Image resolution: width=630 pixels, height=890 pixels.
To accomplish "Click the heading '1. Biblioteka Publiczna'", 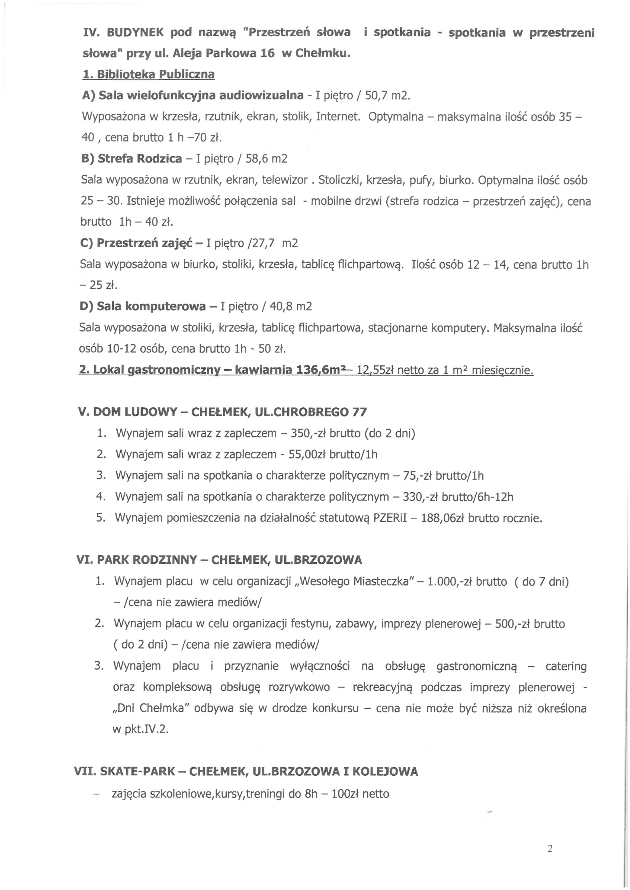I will coord(149,74).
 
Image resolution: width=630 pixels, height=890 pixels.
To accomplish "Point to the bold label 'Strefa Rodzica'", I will coord(140,158).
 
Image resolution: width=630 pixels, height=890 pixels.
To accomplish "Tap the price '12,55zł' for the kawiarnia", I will coord(375,370).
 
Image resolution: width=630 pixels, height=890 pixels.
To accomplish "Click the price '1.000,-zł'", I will coord(449,582).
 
